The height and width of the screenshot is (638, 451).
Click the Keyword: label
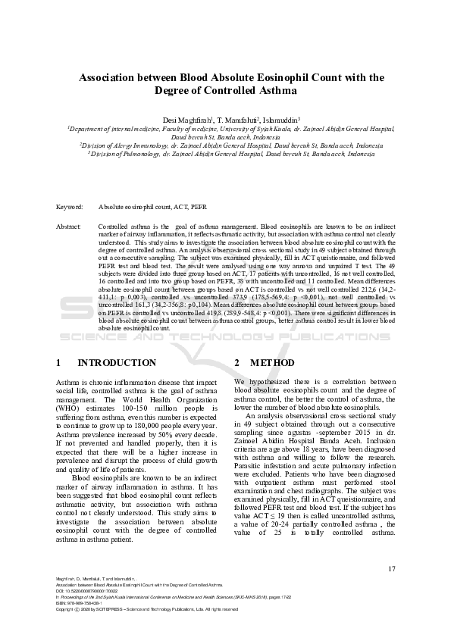[x=70, y=207]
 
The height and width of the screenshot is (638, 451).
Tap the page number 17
[x=392, y=569]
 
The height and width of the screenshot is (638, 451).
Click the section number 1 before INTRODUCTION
[x=60, y=363]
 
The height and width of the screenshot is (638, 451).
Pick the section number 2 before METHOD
[x=237, y=363]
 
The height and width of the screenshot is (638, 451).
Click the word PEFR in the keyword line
[x=198, y=207]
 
